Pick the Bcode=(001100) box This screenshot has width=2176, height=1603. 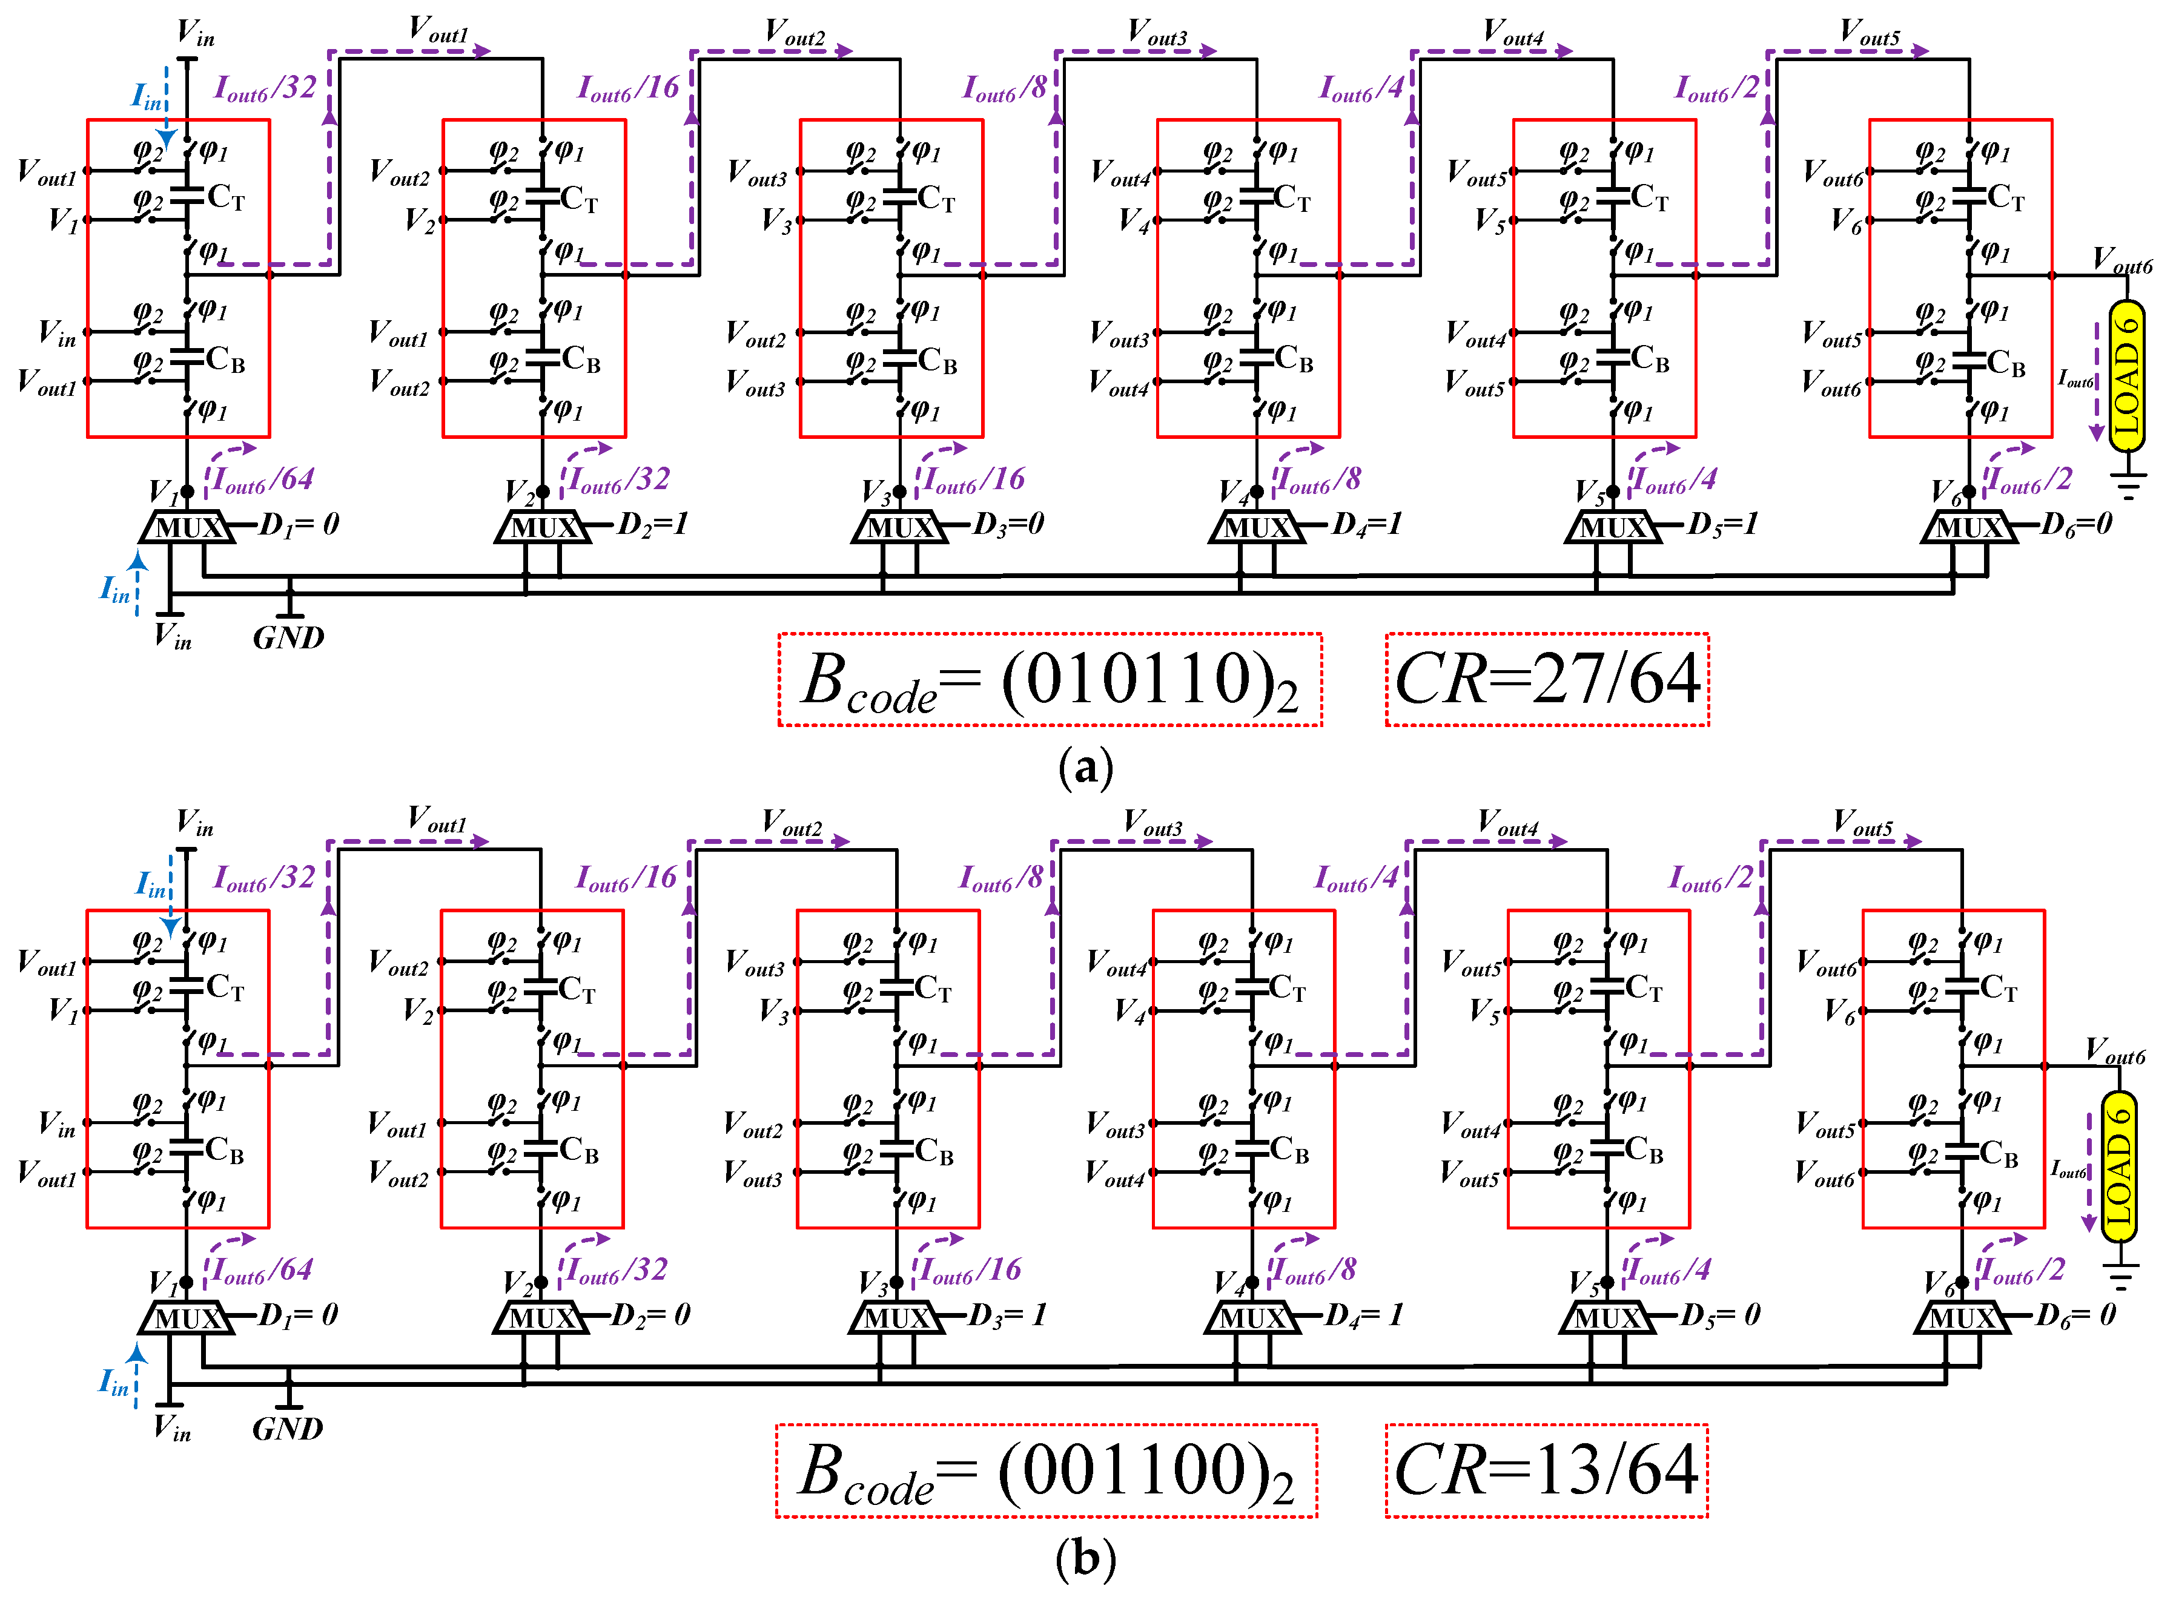pos(1047,1470)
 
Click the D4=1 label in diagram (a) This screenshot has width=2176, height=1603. pos(1366,524)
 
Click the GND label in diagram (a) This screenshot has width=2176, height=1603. pos(288,637)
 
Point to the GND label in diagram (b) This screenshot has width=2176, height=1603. pos(287,1428)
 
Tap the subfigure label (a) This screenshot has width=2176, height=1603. pos(1085,766)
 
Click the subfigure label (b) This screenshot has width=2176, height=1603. pos(1085,1558)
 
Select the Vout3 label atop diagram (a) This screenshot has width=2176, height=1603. pos(1157,32)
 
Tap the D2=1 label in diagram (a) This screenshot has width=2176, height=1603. pos(652,524)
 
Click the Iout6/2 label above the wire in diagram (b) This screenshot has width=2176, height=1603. pos(1710,878)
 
